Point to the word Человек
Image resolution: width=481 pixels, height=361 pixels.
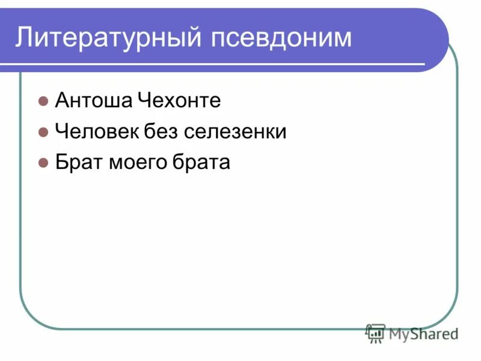(96, 132)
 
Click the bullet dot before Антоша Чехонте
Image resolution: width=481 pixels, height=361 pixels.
(43, 101)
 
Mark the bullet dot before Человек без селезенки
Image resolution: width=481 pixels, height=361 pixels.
(43, 132)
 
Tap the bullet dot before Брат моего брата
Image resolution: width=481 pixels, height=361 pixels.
(43, 163)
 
